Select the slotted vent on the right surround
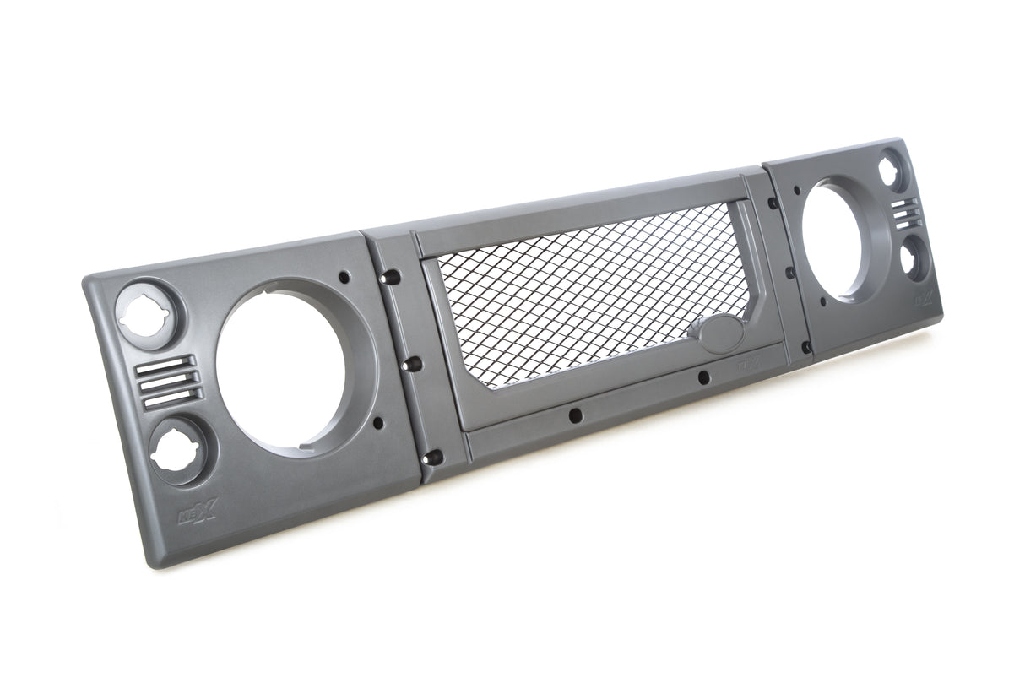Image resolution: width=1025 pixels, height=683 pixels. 904,213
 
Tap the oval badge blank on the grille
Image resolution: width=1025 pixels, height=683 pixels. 717,333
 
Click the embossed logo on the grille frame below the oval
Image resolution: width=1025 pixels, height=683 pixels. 748,366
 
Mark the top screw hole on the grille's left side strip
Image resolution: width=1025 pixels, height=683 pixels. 389,278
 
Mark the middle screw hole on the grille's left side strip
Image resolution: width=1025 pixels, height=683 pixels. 413,364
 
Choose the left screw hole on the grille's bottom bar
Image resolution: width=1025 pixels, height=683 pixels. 574,415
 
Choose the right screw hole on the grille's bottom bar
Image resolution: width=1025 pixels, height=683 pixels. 703,378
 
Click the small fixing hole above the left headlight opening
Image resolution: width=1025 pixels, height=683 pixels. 343,275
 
